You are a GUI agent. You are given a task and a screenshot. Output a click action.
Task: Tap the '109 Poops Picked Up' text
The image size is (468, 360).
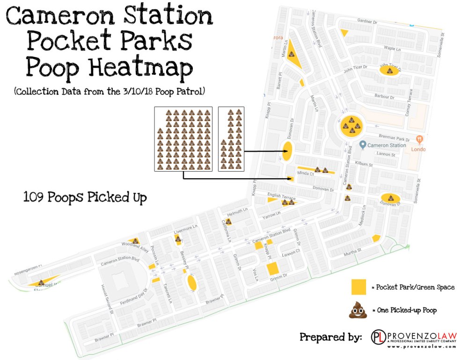(85, 197)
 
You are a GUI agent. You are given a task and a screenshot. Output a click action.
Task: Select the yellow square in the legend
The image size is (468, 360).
(358, 287)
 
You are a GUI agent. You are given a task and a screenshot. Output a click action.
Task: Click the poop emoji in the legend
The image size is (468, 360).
(358, 310)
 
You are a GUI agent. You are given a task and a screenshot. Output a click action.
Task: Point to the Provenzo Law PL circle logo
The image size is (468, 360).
(378, 338)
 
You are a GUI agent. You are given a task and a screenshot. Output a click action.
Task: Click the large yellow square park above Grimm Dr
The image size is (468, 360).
(272, 269)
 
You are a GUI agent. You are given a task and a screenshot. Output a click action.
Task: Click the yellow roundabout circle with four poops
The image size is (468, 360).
(351, 125)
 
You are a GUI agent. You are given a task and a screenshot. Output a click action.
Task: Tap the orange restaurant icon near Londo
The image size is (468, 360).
(419, 139)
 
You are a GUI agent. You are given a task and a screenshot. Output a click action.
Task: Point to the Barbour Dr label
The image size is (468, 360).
(385, 97)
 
